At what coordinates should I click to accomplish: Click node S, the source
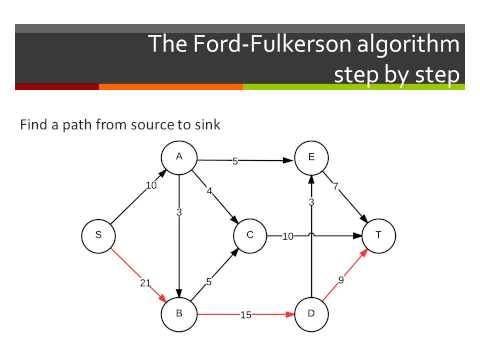(x=98, y=235)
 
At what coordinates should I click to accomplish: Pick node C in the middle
(x=248, y=235)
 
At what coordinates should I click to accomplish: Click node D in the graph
(x=311, y=312)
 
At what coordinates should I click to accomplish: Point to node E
(x=311, y=158)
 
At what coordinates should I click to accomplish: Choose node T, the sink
(x=378, y=235)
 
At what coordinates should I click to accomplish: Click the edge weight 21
(x=145, y=284)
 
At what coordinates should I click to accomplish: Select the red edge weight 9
(x=340, y=280)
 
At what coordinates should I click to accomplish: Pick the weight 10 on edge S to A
(x=152, y=185)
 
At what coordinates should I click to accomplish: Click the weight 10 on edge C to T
(x=287, y=236)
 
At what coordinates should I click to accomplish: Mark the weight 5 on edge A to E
(x=235, y=161)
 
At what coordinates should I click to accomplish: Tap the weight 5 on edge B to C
(x=210, y=281)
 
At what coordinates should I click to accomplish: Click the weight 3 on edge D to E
(x=311, y=202)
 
